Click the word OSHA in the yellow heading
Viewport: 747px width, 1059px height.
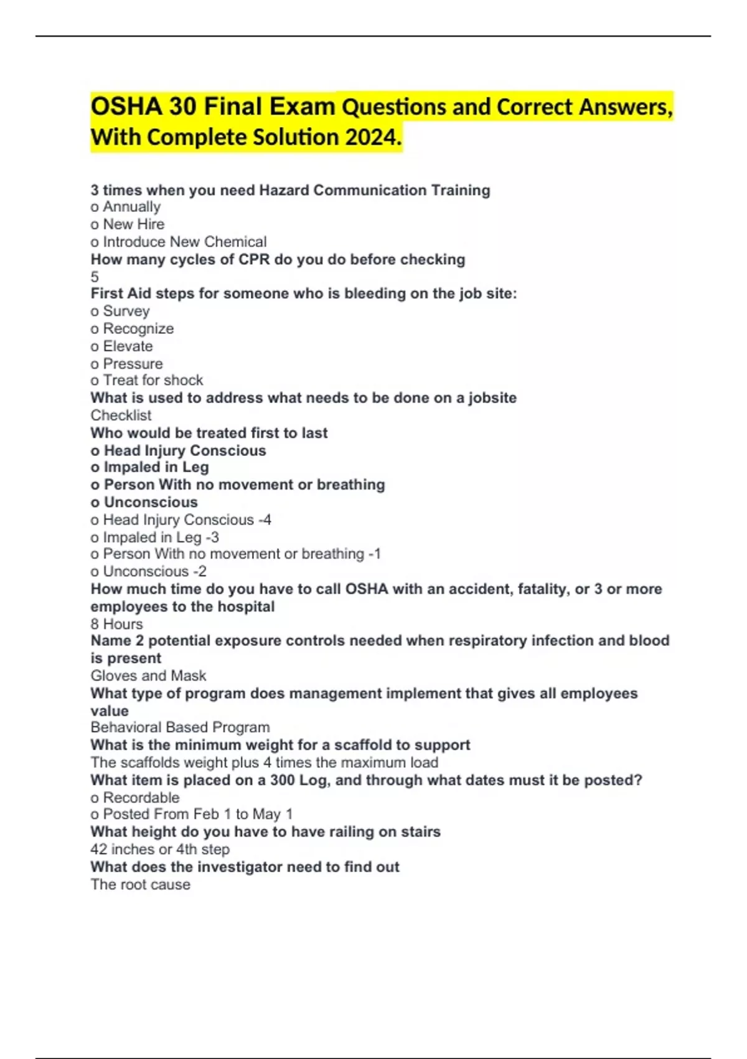(x=126, y=107)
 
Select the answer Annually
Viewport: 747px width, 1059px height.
(x=131, y=207)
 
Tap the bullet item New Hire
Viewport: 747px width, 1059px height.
(x=133, y=224)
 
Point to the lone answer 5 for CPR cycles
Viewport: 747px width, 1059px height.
(x=95, y=277)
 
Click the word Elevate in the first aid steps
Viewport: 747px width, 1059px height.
(x=128, y=346)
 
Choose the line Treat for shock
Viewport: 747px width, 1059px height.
(x=153, y=380)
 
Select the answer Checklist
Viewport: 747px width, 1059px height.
(x=121, y=415)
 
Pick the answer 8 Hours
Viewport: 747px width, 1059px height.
(x=116, y=624)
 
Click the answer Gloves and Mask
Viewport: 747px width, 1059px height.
(x=148, y=675)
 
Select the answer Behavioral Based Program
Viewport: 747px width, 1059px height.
(x=180, y=727)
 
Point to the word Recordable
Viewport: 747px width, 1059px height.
(x=141, y=797)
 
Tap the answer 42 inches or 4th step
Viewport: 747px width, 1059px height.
(x=160, y=849)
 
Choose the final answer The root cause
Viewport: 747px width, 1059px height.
(x=140, y=884)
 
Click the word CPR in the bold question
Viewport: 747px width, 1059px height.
(x=254, y=259)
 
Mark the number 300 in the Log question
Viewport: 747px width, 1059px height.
(x=282, y=780)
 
